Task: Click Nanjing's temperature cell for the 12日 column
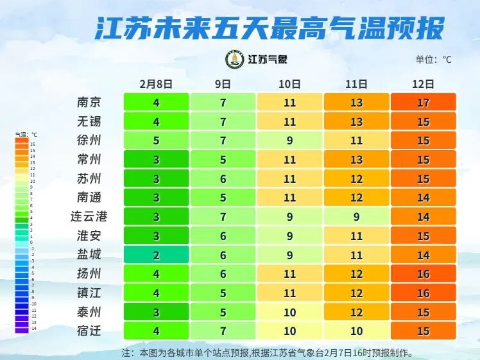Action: (423, 102)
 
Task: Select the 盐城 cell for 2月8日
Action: (156, 255)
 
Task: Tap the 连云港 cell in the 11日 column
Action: (356, 217)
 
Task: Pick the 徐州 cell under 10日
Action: (289, 141)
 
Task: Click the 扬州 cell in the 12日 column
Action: (423, 274)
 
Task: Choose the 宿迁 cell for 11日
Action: (356, 331)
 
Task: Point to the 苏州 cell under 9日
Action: (223, 178)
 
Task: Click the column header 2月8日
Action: (156, 84)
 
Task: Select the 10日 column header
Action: (289, 84)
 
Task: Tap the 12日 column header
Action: (423, 84)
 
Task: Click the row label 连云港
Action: (89, 217)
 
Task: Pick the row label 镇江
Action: (89, 293)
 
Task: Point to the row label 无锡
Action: (89, 121)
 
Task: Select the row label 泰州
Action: (89, 312)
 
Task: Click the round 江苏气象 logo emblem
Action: (234, 60)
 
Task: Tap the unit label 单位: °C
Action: (433, 60)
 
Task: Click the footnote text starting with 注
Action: (267, 352)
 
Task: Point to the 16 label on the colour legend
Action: (33, 144)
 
